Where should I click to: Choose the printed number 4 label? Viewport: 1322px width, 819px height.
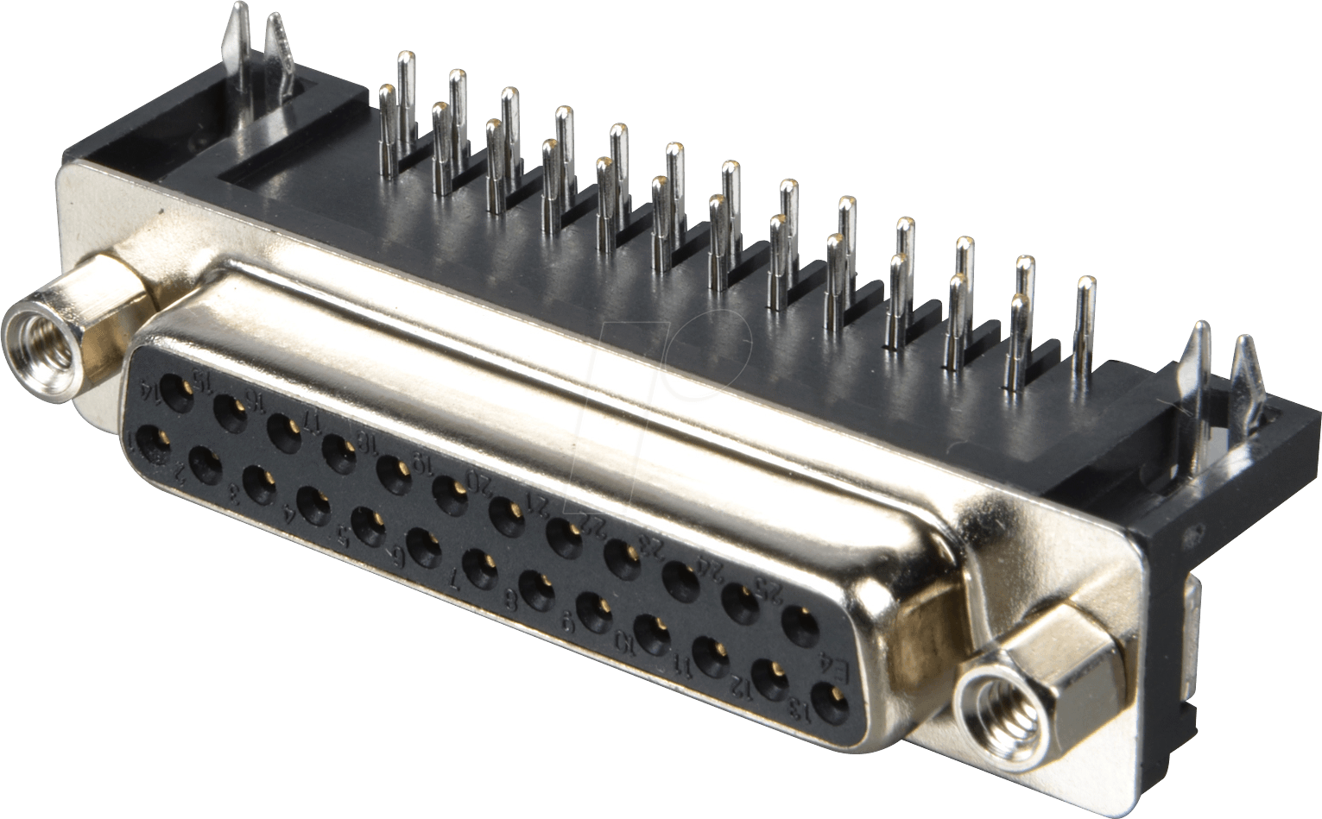point(291,518)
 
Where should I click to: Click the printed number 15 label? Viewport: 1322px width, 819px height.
point(205,380)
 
